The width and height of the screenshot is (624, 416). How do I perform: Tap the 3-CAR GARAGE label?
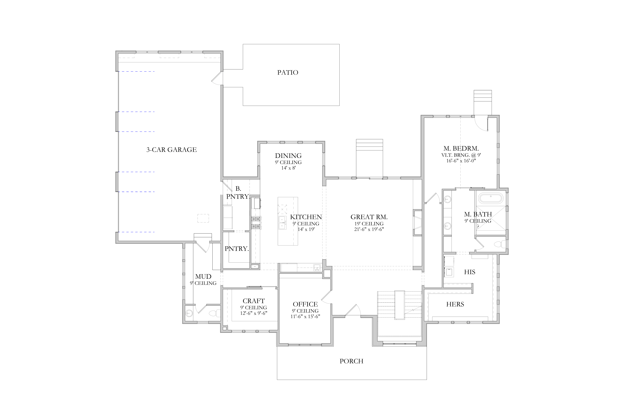coord(172,150)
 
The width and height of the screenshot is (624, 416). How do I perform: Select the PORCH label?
coord(352,361)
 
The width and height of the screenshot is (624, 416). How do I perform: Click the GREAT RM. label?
coord(369,217)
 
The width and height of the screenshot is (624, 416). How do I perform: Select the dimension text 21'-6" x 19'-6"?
coord(369,229)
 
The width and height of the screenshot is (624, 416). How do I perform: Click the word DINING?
coord(288,156)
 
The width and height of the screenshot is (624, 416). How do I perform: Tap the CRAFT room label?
coord(254,301)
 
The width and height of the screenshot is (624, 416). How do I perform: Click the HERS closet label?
coord(455,304)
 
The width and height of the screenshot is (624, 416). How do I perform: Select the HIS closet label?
coord(470,272)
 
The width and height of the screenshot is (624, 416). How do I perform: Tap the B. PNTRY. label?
coord(238,193)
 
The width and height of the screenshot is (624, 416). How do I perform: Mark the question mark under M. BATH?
coord(478,227)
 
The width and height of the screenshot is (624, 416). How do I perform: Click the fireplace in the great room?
coord(417,222)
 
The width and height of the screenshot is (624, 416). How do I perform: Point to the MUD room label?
coord(203,276)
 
